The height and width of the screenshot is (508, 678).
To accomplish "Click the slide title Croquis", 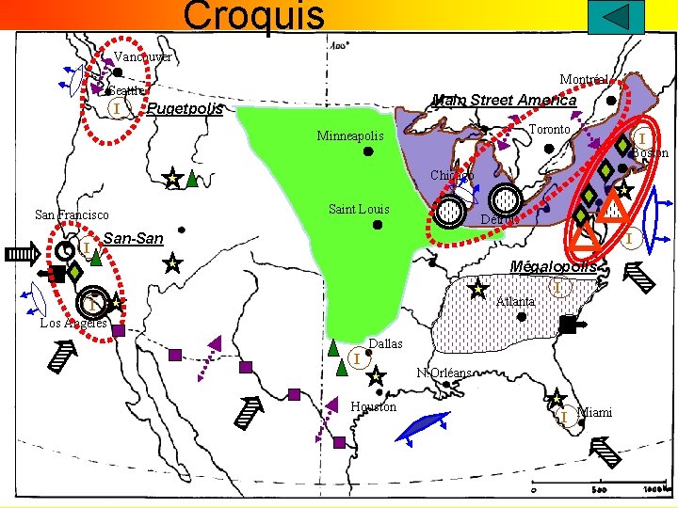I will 254,15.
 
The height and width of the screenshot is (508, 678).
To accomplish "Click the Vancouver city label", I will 145,57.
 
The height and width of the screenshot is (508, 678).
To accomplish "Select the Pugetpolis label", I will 186,110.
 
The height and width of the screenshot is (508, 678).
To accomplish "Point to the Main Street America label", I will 504,100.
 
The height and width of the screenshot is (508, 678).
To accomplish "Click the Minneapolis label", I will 350,136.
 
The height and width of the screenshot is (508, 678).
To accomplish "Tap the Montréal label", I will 583,79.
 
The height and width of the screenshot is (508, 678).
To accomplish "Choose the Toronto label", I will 549,129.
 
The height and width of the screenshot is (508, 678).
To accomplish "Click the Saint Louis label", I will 359,209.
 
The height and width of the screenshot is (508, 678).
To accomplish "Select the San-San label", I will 133,239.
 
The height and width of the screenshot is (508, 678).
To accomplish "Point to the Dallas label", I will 385,344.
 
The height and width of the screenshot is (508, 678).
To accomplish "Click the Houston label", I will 373,406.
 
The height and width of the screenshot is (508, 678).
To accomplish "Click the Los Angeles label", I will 73,324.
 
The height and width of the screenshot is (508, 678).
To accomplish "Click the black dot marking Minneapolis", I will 369,149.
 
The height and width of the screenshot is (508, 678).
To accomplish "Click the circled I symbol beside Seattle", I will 115,109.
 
